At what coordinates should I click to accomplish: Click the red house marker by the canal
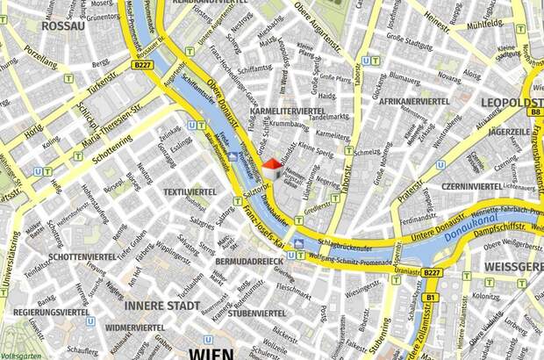tap(272, 164)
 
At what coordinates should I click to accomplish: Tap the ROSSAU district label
tap(63, 26)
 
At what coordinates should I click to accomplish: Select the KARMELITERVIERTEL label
tap(288, 112)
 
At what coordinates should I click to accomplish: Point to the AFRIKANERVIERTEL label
tap(415, 102)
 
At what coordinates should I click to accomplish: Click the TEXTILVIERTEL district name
tap(190, 191)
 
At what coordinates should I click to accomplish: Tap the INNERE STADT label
tap(161, 306)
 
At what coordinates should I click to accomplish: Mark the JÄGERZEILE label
tap(509, 132)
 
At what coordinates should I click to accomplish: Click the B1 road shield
tap(431, 299)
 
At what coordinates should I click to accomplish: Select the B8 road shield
tap(534, 112)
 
